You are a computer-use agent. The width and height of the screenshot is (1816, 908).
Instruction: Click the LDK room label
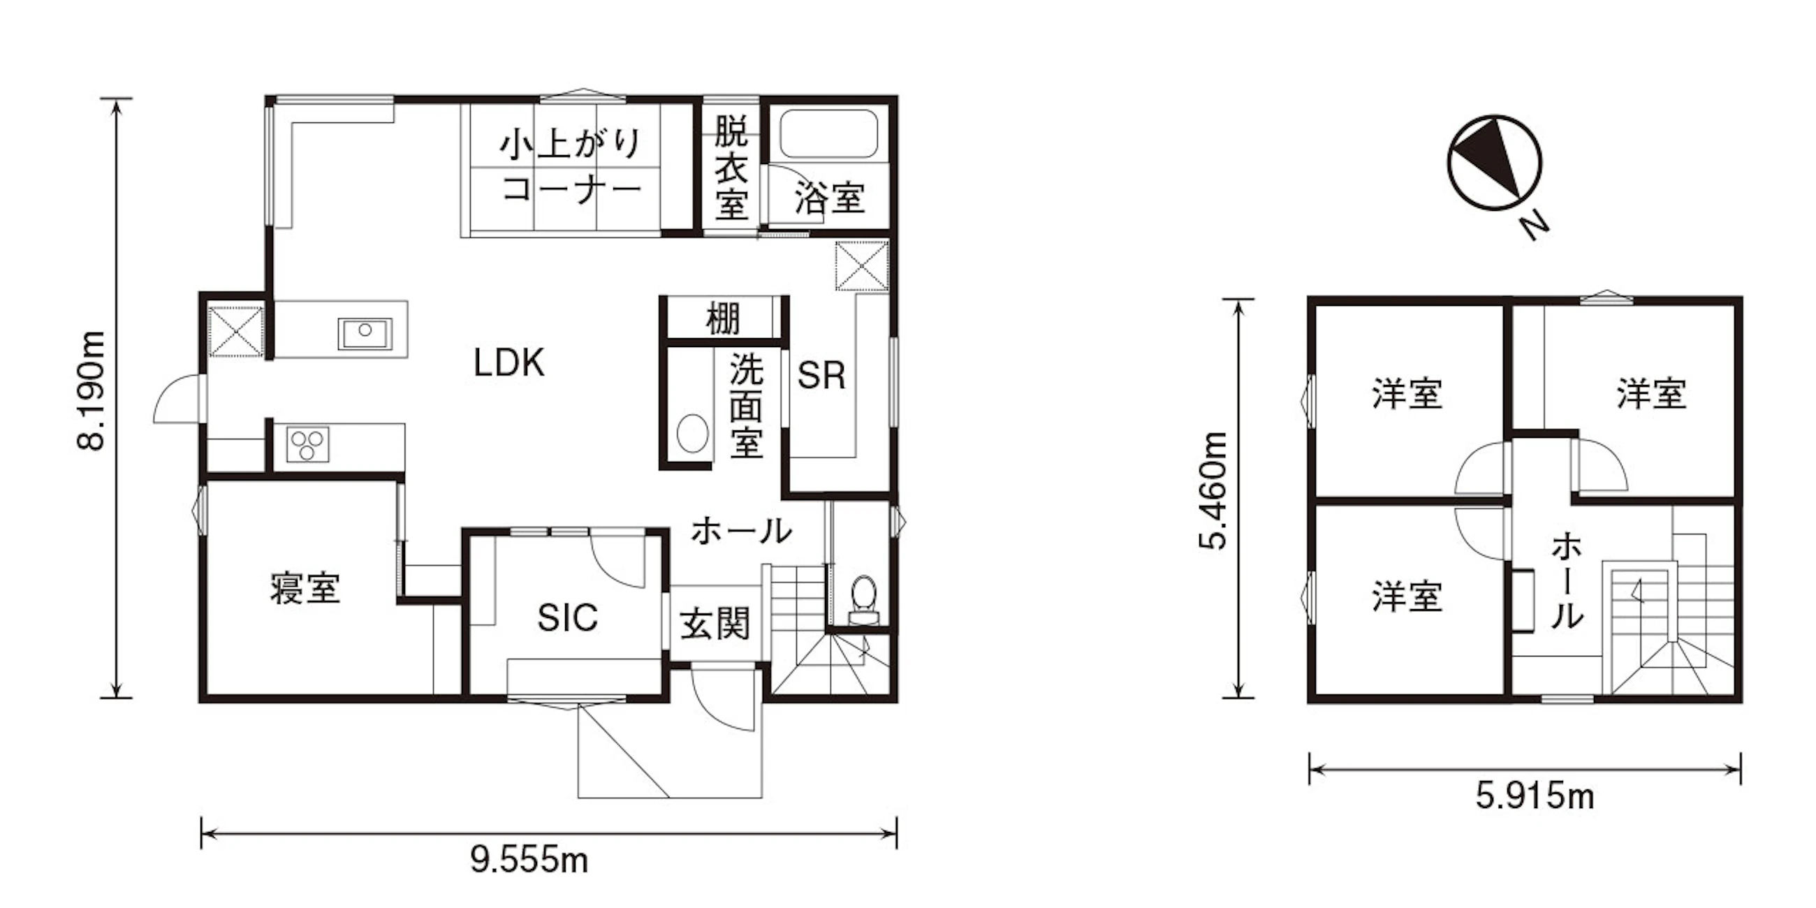pyautogui.click(x=509, y=364)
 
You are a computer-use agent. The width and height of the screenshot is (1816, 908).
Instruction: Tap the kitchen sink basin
pyautogui.click(x=365, y=332)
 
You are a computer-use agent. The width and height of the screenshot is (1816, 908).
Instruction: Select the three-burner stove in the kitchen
pyautogui.click(x=307, y=444)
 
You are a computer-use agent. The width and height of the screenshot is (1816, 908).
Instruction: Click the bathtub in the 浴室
pyautogui.click(x=829, y=134)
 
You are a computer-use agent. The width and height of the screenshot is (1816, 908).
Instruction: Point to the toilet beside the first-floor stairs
pyautogui.click(x=864, y=600)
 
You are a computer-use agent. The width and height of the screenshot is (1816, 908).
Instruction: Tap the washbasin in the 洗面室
pyautogui.click(x=693, y=433)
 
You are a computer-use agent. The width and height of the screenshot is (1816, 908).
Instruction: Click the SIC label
pyautogui.click(x=567, y=617)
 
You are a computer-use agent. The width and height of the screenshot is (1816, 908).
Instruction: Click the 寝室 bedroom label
pyautogui.click(x=305, y=589)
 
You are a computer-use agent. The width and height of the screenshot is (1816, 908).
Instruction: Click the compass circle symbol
pyautogui.click(x=1495, y=163)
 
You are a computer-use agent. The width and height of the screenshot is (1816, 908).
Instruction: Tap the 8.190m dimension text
pyautogui.click(x=92, y=390)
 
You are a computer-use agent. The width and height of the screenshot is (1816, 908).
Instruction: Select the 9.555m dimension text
pyautogui.click(x=529, y=861)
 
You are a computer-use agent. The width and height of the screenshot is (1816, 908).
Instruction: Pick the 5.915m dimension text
pyautogui.click(x=1535, y=798)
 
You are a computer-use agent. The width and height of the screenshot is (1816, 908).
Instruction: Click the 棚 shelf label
pyautogui.click(x=723, y=319)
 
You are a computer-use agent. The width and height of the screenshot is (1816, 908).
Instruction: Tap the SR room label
pyautogui.click(x=821, y=376)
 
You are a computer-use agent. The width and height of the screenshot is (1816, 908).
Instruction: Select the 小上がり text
pyautogui.click(x=571, y=144)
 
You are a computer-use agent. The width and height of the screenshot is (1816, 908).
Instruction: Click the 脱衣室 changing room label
pyautogui.click(x=731, y=168)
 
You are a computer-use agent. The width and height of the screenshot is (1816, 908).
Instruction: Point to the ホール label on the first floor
pyautogui.click(x=742, y=531)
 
